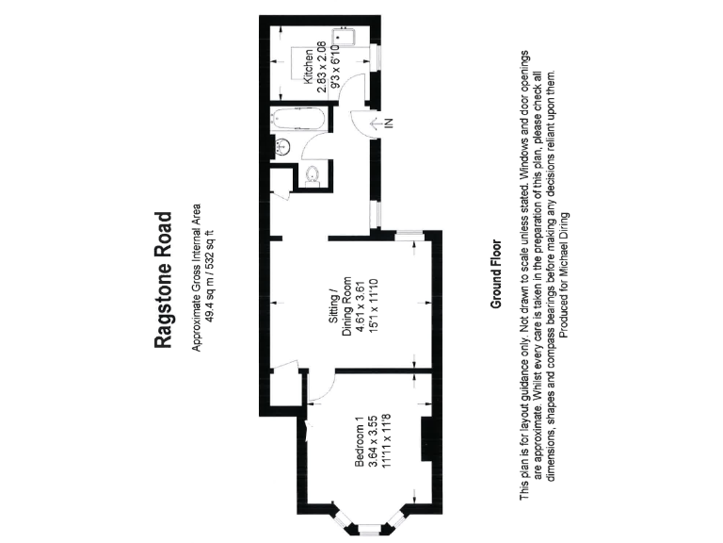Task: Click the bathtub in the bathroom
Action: [x=297, y=122]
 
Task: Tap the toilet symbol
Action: [x=314, y=174]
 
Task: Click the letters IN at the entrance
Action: [x=389, y=122]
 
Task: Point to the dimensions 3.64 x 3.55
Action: [x=372, y=442]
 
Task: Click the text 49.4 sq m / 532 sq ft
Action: [x=210, y=279]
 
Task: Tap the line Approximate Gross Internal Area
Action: [x=197, y=279]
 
